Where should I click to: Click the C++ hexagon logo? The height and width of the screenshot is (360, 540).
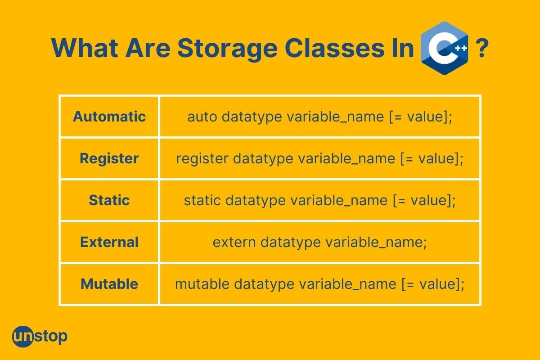tap(444, 48)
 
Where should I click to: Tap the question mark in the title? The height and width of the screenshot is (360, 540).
tap(482, 48)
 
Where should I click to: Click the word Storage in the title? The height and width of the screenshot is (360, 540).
tap(228, 49)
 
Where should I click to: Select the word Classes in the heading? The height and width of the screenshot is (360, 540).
tap(334, 48)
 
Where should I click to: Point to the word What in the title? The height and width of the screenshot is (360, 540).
tap(85, 48)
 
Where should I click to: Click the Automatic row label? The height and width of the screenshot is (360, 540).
tap(109, 117)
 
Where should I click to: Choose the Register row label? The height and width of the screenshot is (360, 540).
tap(109, 159)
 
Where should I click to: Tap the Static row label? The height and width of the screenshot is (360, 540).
tap(109, 200)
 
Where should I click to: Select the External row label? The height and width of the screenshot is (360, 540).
tap(109, 242)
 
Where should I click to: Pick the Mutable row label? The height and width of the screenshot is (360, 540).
tap(109, 284)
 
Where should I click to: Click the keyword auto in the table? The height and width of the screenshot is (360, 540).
tap(202, 117)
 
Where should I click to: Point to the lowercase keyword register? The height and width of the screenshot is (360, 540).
tap(202, 159)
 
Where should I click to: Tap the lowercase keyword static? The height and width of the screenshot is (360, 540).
tap(202, 200)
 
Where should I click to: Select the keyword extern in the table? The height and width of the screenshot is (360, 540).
tap(234, 243)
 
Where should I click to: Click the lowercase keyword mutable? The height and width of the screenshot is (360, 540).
tap(202, 284)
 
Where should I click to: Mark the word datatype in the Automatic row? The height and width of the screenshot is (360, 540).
tap(252, 117)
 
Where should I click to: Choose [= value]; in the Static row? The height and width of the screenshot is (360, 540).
tap(424, 201)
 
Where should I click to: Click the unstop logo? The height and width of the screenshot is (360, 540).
tap(40, 336)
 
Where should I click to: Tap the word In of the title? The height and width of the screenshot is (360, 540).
tap(403, 48)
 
